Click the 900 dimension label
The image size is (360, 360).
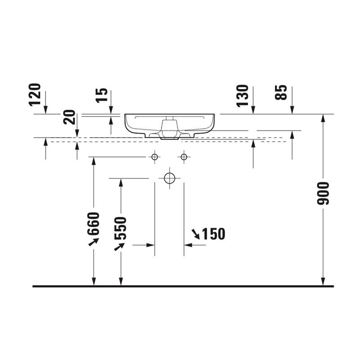pyautogui.click(x=323, y=193)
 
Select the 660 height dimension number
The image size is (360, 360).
pyautogui.click(x=94, y=224)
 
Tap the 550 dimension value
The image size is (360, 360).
pyautogui.click(x=121, y=228)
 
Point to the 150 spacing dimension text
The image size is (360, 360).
pyautogui.click(x=213, y=234)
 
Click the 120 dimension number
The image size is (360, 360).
pyautogui.click(x=35, y=95)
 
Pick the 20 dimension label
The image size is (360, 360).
pyautogui.click(x=69, y=117)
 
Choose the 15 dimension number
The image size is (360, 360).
pyautogui.click(x=102, y=95)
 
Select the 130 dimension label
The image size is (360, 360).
pyautogui.click(x=243, y=96)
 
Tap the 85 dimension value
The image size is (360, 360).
pyautogui.click(x=281, y=92)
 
